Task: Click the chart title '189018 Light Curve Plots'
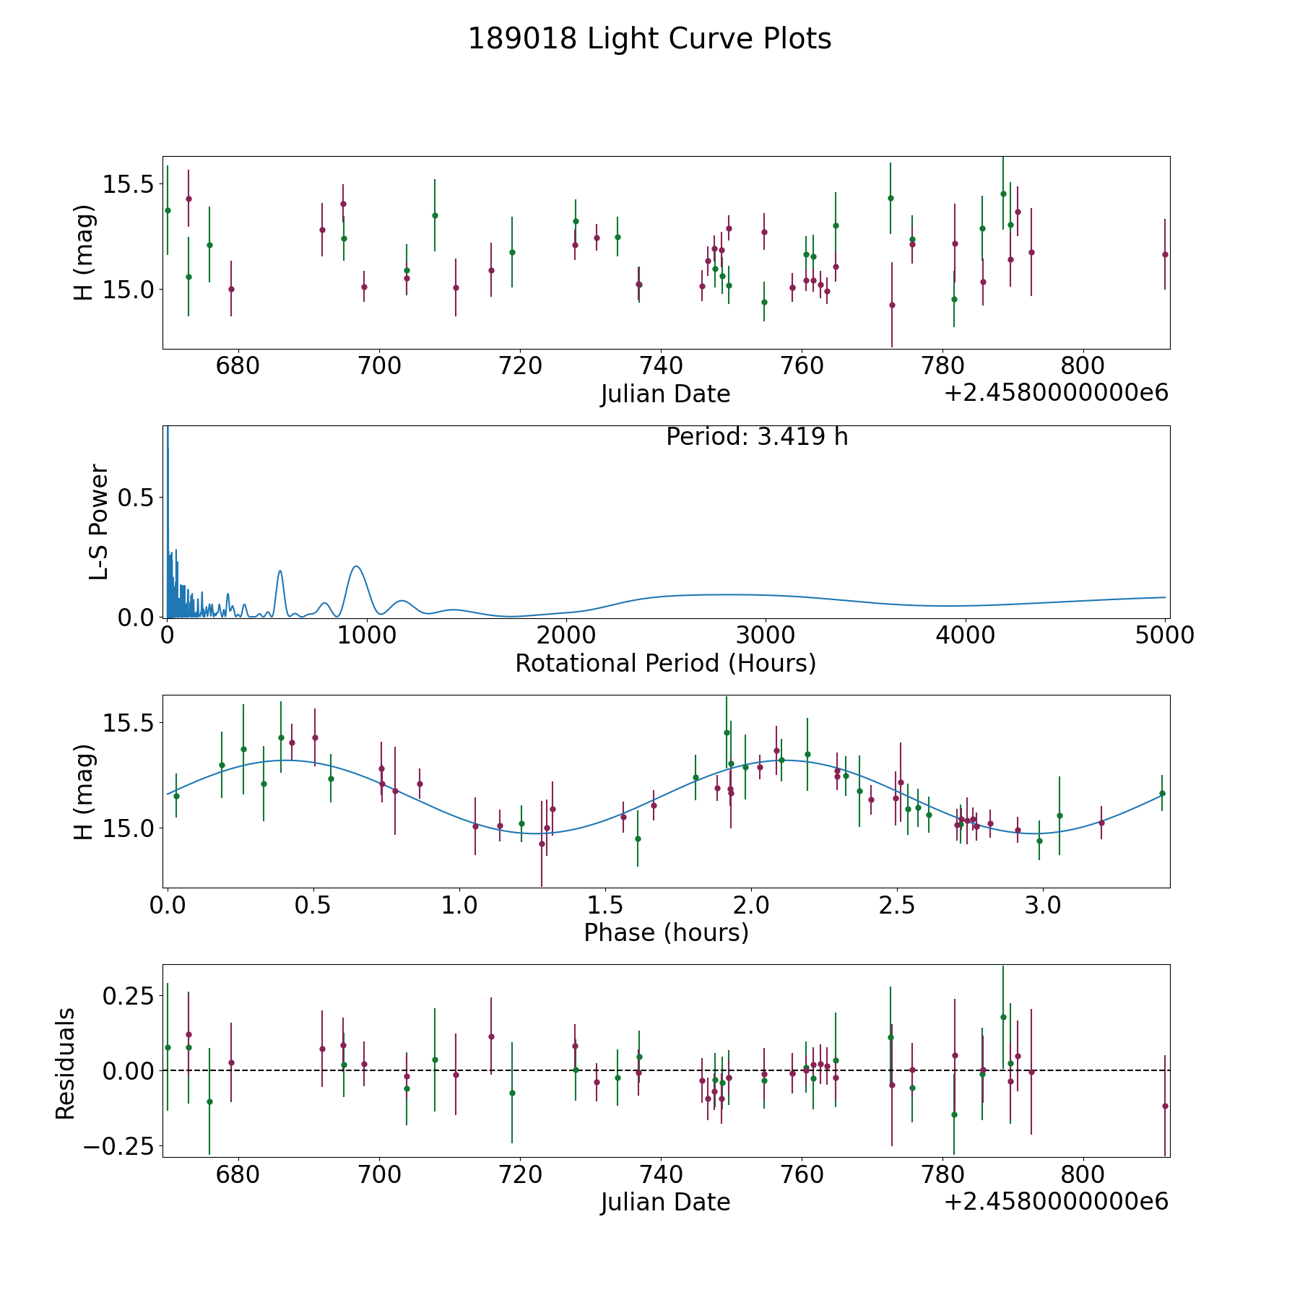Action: pyautogui.click(x=649, y=39)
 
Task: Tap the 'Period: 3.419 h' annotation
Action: pyautogui.click(x=757, y=437)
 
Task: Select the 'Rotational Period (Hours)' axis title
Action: pyautogui.click(x=665, y=663)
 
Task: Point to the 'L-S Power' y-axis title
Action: pyautogui.click(x=99, y=521)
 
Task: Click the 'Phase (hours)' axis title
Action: pyautogui.click(x=666, y=932)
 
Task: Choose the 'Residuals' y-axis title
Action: pyautogui.click(x=66, y=1063)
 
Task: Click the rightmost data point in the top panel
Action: pyautogui.click(x=1165, y=254)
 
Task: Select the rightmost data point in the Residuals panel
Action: pyautogui.click(x=1165, y=1106)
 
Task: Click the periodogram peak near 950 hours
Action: pyautogui.click(x=356, y=566)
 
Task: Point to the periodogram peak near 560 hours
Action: pyautogui.click(x=279, y=571)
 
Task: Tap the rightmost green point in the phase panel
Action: pyautogui.click(x=1162, y=793)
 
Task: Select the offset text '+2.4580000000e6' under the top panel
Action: pyautogui.click(x=1056, y=393)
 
